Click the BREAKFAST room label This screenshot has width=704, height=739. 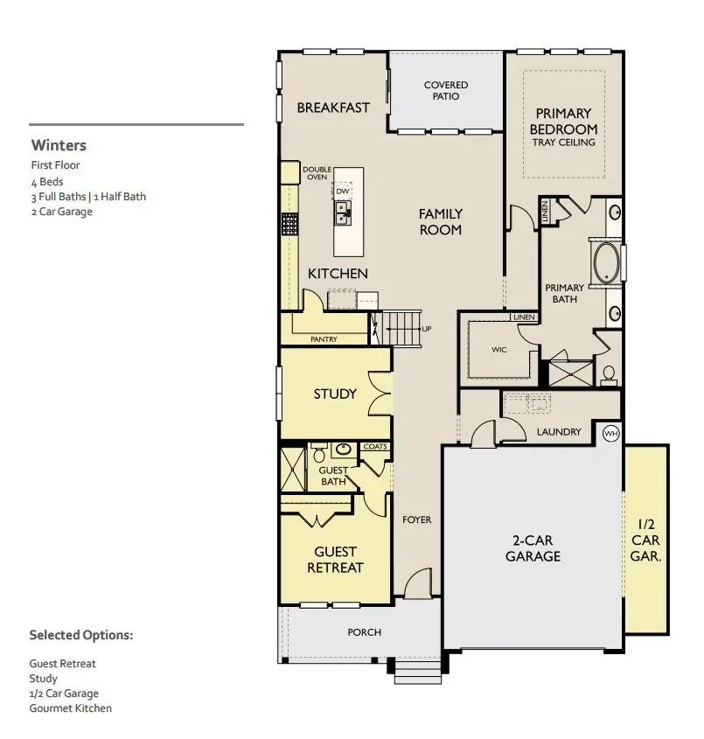[x=333, y=108]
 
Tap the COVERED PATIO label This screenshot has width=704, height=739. [x=446, y=90]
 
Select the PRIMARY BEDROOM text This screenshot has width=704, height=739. [x=564, y=122]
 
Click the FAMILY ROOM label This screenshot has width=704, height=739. [x=440, y=221]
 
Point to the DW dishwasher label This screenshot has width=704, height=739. [x=343, y=190]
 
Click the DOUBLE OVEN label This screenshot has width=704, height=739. [x=317, y=173]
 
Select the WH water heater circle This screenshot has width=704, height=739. [x=611, y=434]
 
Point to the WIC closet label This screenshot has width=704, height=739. [x=498, y=350]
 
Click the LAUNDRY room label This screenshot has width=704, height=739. [x=559, y=432]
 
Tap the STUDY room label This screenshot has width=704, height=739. [x=335, y=394]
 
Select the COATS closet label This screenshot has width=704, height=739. [x=375, y=447]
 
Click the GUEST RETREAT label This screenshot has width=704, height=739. [x=335, y=559]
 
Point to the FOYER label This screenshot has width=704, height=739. [x=417, y=519]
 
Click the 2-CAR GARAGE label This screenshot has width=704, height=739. [x=533, y=548]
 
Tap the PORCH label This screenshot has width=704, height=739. [x=364, y=632]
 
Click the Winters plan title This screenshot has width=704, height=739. [x=59, y=145]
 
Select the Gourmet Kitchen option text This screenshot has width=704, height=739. [x=71, y=708]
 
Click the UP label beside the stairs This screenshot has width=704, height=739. [x=427, y=329]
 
